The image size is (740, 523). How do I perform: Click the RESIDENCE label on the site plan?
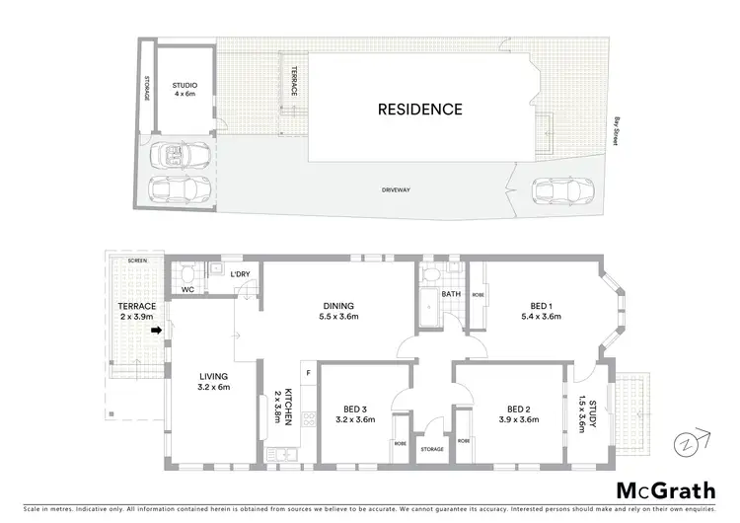(x=419, y=110)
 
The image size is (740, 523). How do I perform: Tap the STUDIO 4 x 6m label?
(x=185, y=90)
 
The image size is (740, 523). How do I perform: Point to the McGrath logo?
(x=666, y=490)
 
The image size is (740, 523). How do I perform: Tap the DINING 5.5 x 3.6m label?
(x=338, y=311)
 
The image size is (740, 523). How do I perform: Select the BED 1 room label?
(x=540, y=311)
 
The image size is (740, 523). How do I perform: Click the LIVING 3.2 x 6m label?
(x=213, y=382)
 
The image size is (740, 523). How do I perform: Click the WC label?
(x=187, y=290)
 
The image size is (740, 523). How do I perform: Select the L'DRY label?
(x=239, y=275)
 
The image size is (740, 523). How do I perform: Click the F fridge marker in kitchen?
(x=309, y=372)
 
